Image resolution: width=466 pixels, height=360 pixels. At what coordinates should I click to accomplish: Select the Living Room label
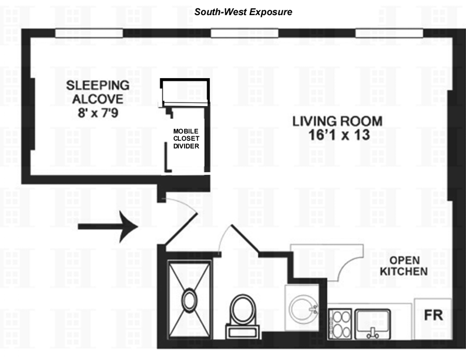337,122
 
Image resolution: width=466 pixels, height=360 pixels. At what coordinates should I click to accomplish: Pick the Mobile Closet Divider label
186,139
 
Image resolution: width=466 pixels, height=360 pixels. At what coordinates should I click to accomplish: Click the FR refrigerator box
433,316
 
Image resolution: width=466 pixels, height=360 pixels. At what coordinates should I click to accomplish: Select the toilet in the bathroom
240,313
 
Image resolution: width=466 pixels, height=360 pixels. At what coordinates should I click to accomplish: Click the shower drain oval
190,301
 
